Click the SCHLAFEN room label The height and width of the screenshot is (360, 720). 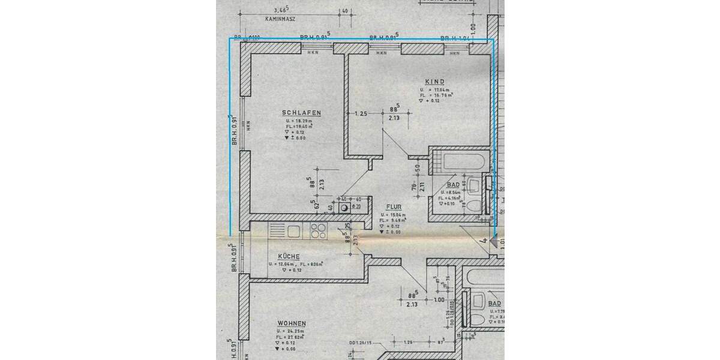(302, 113)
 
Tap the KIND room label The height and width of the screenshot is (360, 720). (434, 82)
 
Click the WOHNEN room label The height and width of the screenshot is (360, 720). (292, 323)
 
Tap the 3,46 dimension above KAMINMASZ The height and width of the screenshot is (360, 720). (280, 10)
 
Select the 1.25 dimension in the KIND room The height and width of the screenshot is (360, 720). (361, 113)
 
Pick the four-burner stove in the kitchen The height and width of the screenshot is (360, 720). (319, 230)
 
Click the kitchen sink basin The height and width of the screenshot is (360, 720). (293, 230)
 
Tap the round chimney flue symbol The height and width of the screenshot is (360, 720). (345, 208)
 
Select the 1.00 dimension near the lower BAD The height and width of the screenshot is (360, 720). (439, 299)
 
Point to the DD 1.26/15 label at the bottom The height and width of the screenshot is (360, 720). (362, 343)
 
